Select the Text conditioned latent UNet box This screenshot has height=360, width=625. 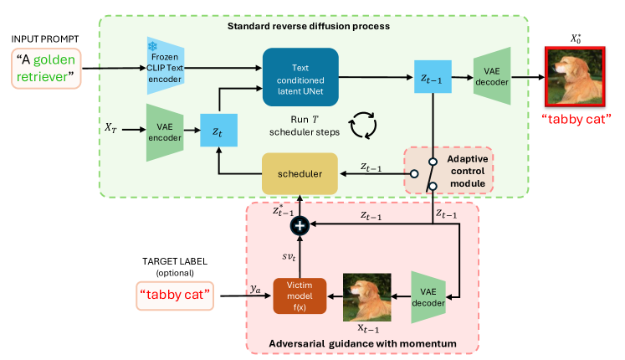pos(300,77)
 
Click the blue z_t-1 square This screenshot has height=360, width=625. pos(432,78)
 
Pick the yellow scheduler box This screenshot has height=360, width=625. pos(300,172)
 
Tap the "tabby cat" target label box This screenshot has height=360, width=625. pos(175,295)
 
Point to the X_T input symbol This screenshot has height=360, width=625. pos(111,127)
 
